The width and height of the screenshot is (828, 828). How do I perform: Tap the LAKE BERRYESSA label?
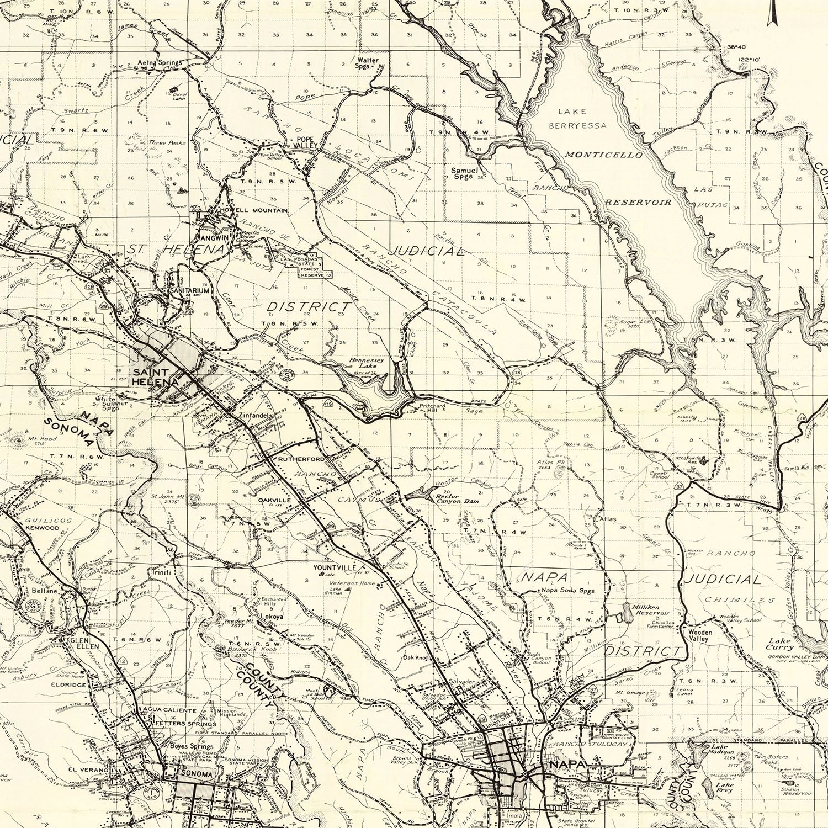pyautogui.click(x=577, y=118)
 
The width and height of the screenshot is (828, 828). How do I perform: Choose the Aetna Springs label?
pyautogui.click(x=160, y=63)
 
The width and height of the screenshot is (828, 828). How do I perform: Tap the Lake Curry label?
pyautogui.click(x=780, y=644)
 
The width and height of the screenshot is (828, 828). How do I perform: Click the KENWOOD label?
pyautogui.click(x=41, y=528)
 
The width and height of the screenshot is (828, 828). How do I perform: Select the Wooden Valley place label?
pyautogui.click(x=700, y=635)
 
